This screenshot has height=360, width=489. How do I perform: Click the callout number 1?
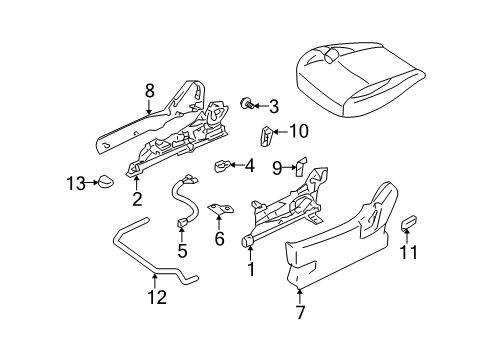click(x=250, y=269)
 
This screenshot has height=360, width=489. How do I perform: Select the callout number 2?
click(x=137, y=198)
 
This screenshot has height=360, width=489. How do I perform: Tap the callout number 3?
click(x=272, y=106)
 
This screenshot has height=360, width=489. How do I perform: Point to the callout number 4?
click(x=249, y=165)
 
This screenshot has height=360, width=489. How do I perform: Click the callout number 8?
click(x=150, y=90)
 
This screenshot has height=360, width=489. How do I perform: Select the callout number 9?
click(x=277, y=168)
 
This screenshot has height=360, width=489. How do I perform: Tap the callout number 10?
click(x=298, y=130)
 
